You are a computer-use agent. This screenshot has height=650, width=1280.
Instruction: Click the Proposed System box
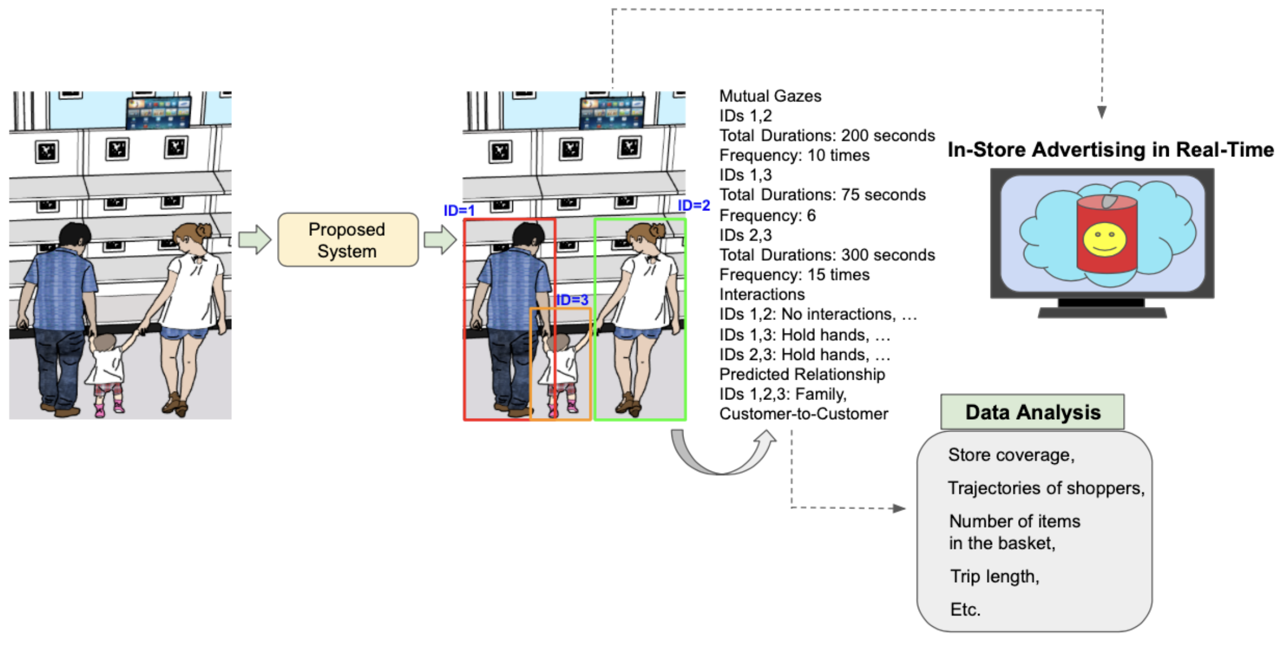click(348, 240)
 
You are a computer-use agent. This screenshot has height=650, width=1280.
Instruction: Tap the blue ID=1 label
click(459, 211)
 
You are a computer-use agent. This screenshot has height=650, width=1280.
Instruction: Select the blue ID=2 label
click(693, 206)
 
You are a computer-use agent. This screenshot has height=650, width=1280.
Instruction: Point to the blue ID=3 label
click(572, 300)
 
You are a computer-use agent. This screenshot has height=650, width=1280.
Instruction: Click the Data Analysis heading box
click(1032, 412)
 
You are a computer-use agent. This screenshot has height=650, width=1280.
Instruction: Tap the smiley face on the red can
click(1104, 239)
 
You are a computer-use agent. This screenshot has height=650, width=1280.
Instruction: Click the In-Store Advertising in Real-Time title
click(1110, 150)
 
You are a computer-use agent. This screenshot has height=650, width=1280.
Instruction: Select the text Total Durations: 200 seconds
click(826, 136)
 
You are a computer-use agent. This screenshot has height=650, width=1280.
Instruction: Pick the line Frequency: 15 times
click(794, 275)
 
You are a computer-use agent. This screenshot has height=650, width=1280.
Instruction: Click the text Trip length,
click(994, 577)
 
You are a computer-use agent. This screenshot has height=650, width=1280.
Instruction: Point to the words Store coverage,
click(1011, 455)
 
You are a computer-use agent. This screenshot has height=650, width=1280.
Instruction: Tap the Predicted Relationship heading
click(801, 375)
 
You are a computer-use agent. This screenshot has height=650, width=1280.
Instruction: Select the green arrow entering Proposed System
click(255, 240)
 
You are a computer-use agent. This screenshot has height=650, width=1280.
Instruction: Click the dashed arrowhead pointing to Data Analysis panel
click(899, 508)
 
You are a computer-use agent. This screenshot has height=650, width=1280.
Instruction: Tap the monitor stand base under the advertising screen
click(1102, 312)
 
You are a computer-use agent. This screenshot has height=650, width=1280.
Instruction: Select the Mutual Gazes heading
click(770, 96)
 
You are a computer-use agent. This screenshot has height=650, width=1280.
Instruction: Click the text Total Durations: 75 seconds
click(822, 195)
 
